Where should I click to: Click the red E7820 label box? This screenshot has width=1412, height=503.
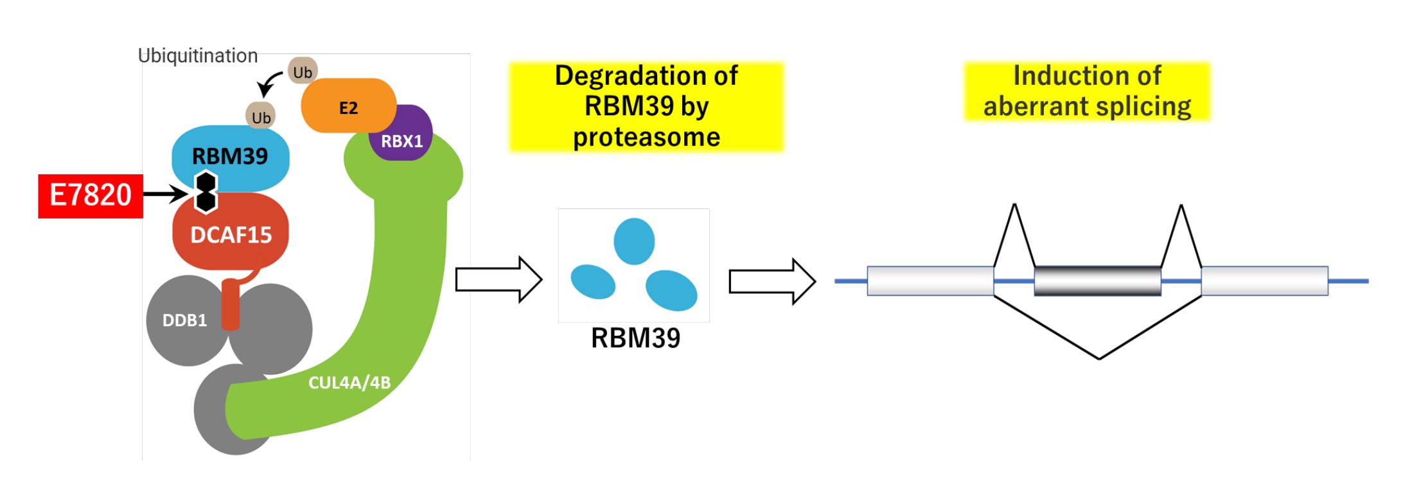[91, 196]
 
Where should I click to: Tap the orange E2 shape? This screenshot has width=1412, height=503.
[348, 105]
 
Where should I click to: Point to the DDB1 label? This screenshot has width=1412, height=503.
[184, 320]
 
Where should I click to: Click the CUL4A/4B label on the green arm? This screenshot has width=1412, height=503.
[349, 383]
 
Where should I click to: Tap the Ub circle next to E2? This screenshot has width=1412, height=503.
[303, 71]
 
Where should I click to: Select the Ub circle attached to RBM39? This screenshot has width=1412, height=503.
[261, 116]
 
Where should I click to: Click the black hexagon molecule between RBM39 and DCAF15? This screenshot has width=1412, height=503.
[206, 192]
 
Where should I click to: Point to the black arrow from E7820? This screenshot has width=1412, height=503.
[165, 194]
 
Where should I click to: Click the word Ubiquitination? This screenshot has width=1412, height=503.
[198, 56]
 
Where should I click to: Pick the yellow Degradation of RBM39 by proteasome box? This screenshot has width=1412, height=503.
[646, 107]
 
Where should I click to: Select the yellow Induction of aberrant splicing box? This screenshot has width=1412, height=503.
[1087, 91]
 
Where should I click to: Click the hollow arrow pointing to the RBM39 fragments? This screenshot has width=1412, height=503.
[499, 280]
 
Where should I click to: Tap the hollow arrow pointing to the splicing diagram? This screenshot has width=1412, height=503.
[772, 281]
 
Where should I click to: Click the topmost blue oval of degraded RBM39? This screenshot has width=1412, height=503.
[634, 241]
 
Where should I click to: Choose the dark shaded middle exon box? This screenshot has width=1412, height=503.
[1098, 281]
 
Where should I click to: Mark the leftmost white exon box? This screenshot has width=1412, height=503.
[931, 281]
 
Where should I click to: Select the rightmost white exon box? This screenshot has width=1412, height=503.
[1265, 281]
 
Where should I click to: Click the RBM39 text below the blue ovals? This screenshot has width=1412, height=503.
[635, 338]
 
